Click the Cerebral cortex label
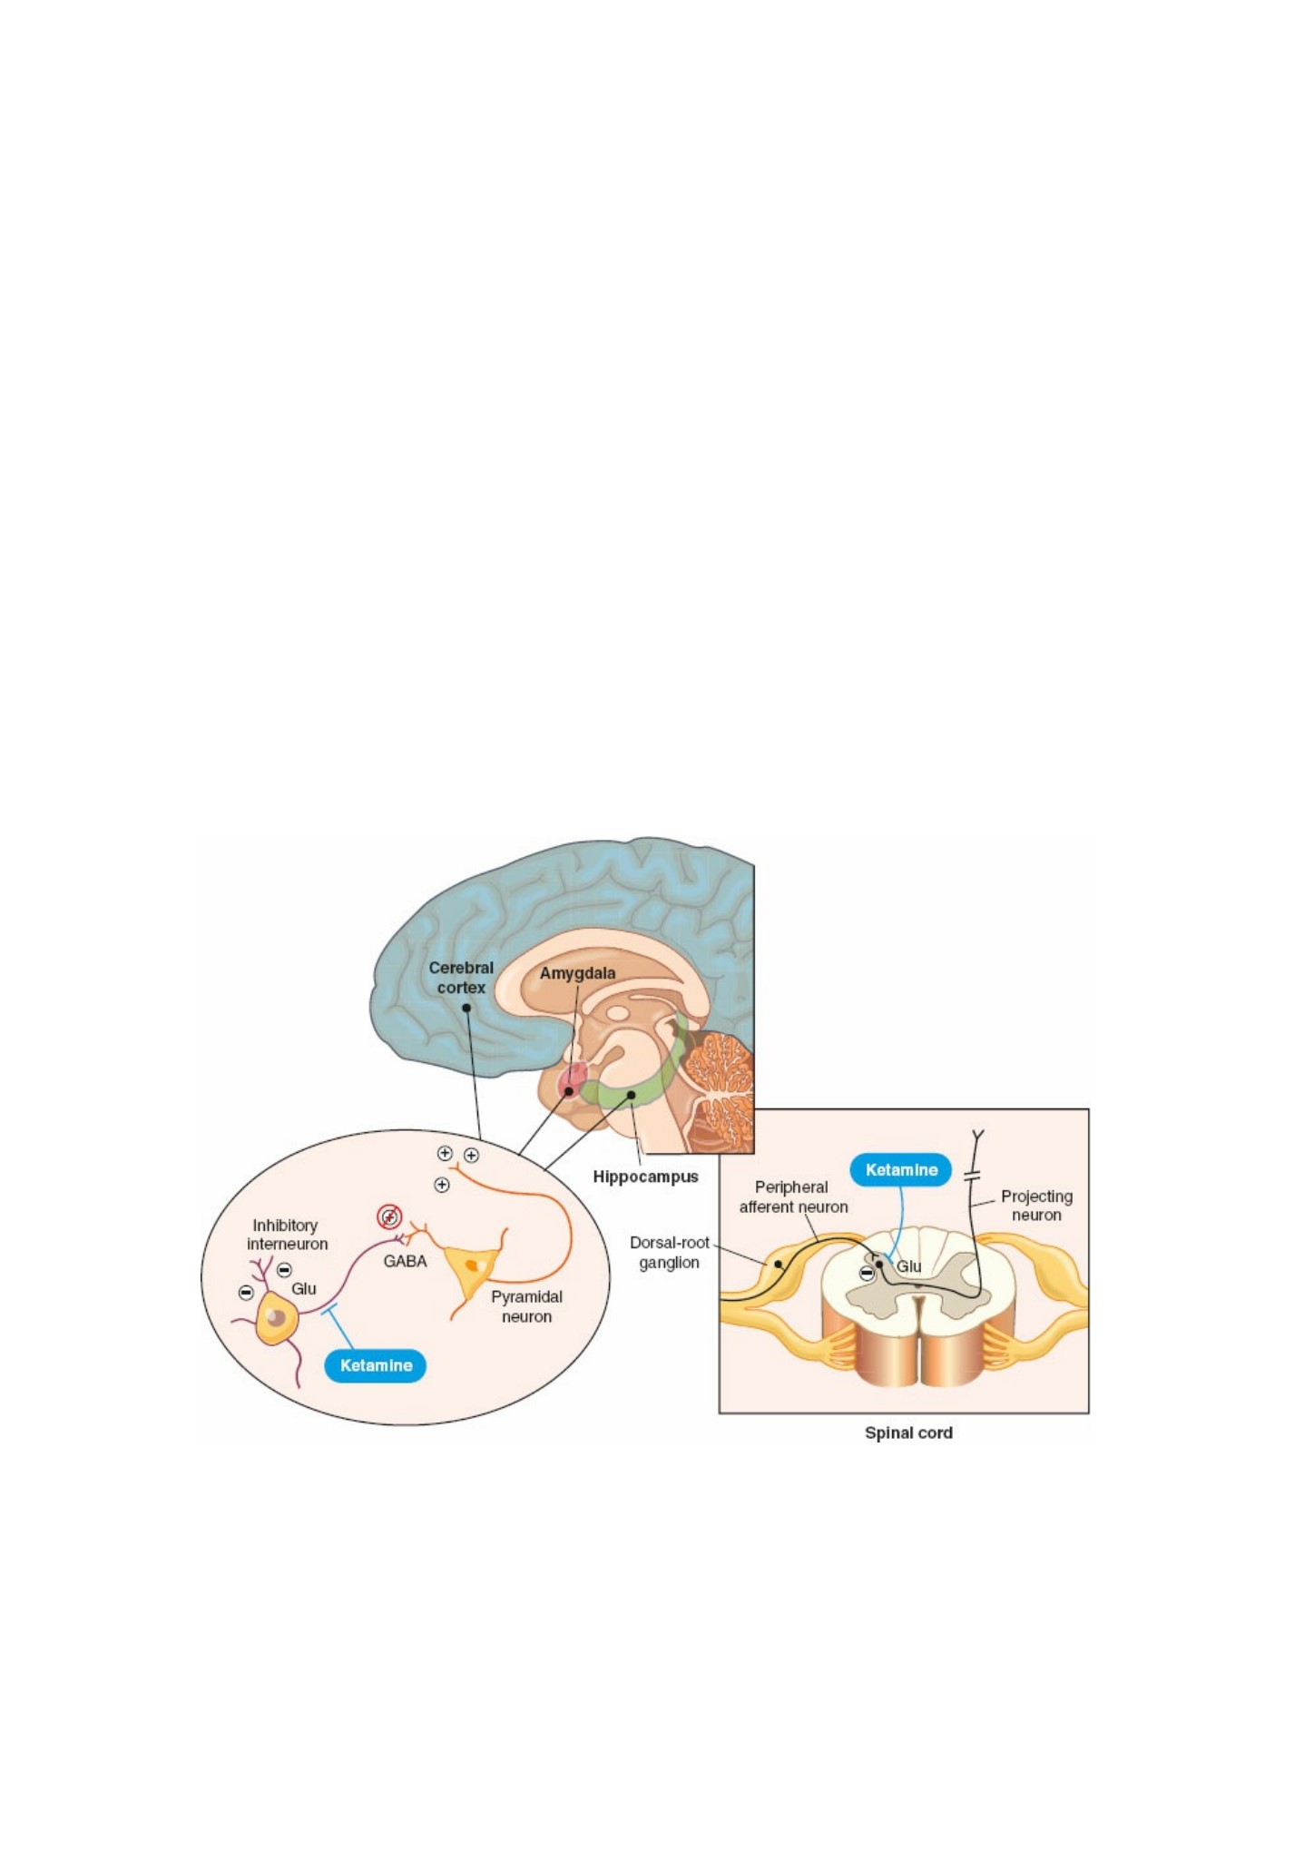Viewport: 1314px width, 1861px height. point(461,978)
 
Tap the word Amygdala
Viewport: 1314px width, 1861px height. point(577,973)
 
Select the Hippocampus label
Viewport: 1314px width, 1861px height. point(645,1177)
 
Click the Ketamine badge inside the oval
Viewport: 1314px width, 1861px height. point(376,1365)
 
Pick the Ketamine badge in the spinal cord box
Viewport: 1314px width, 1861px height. point(901,1170)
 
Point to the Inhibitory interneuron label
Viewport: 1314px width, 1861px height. point(287,1235)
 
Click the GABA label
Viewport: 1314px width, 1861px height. point(405,1261)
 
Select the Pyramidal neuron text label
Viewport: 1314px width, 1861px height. point(526,1306)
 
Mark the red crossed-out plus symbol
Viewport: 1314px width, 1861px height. point(389,1216)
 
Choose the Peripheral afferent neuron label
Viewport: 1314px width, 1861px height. point(793,1196)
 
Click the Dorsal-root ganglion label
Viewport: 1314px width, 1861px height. point(670,1252)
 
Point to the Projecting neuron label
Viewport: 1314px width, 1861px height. point(1036,1206)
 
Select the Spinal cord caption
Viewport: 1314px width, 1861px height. point(908,1433)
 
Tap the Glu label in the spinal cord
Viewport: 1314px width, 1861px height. point(908,1266)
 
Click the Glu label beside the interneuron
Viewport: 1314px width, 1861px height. point(304,1288)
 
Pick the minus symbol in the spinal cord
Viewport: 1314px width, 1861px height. point(867,1274)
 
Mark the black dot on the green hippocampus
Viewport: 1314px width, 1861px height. point(632,1095)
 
